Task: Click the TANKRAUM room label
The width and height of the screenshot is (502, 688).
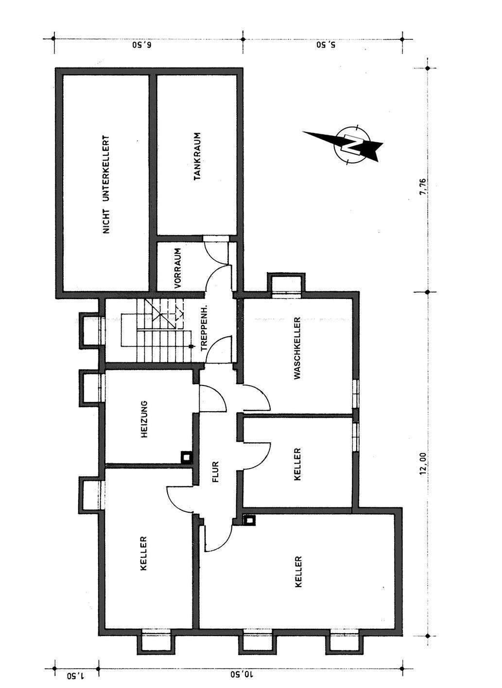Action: [197, 156]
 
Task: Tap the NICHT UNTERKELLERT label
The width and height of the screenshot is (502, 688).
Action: [106, 185]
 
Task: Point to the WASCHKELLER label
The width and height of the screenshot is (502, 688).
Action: [297, 348]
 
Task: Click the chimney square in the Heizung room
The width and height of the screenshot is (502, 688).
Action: [186, 457]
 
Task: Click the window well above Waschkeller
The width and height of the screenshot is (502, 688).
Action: [287, 283]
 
